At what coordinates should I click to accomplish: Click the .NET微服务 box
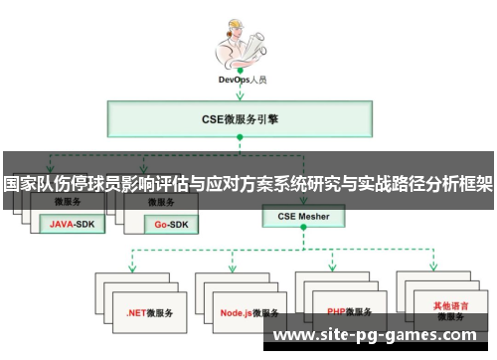pyautogui.click(x=149, y=311)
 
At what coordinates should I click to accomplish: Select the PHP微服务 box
pyautogui.click(x=350, y=311)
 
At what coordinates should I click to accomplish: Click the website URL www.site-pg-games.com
pyautogui.click(x=383, y=336)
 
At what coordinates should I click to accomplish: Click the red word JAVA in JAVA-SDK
pyautogui.click(x=62, y=224)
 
